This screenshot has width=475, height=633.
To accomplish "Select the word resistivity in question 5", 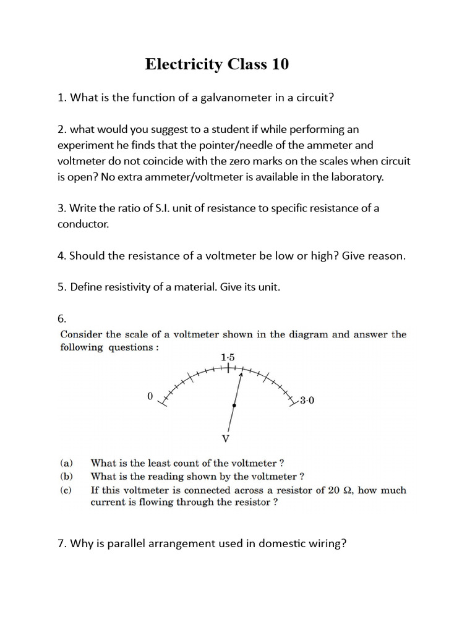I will tap(128, 287).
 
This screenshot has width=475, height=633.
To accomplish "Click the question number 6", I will tap(61, 319).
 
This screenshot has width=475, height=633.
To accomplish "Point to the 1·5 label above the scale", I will tap(228, 357).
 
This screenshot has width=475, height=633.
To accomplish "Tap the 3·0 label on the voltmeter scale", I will tap(307, 401).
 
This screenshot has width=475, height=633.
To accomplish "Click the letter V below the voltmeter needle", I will tap(226, 439).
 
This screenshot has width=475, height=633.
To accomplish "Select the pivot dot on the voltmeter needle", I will tap(234, 406).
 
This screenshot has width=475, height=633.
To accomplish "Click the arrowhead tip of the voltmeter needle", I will tap(240, 375).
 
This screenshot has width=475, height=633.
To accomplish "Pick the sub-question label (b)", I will tap(66, 476).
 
